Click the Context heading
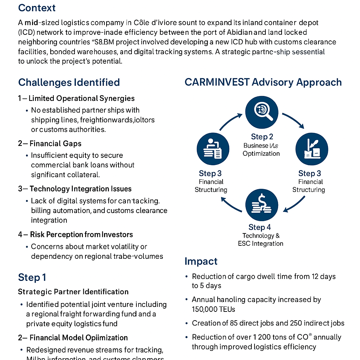click(37, 8)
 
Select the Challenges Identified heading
click(69, 82)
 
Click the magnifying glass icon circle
click(262, 113)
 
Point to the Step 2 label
click(262, 137)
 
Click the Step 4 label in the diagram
click(259, 227)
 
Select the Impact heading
click(201, 261)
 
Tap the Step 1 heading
click(32, 277)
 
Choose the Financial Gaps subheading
click(55, 143)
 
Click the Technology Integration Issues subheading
click(81, 189)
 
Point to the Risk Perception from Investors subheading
click(82, 234)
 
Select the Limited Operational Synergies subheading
click(82, 98)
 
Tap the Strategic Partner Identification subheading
click(73, 292)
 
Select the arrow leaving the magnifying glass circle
click(293, 121)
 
